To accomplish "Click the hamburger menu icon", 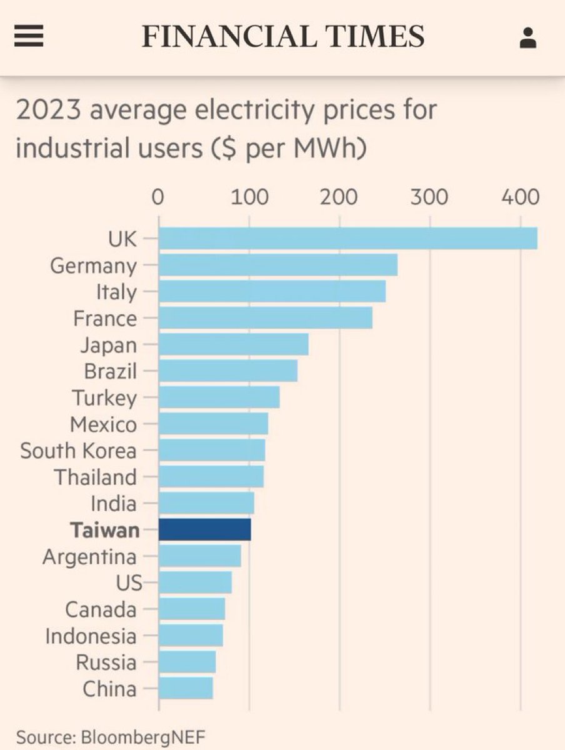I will click(x=29, y=37).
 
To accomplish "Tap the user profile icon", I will click(x=528, y=38).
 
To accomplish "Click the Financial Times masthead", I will click(x=283, y=37).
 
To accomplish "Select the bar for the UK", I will click(x=347, y=238).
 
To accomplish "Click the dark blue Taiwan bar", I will click(x=205, y=529).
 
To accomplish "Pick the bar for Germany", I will click(x=278, y=265).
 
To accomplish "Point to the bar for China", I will click(x=186, y=688).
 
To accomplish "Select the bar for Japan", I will click(x=234, y=344).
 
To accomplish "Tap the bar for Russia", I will click(x=187, y=661).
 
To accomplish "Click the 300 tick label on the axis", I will click(x=429, y=197).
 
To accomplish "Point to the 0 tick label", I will click(x=158, y=197).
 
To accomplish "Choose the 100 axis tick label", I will click(x=249, y=197).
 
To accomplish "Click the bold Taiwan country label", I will click(x=104, y=530).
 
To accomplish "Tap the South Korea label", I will click(x=78, y=451).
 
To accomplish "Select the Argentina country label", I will click(x=89, y=556).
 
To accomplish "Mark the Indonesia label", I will click(x=91, y=636).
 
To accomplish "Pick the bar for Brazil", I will click(x=228, y=371).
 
